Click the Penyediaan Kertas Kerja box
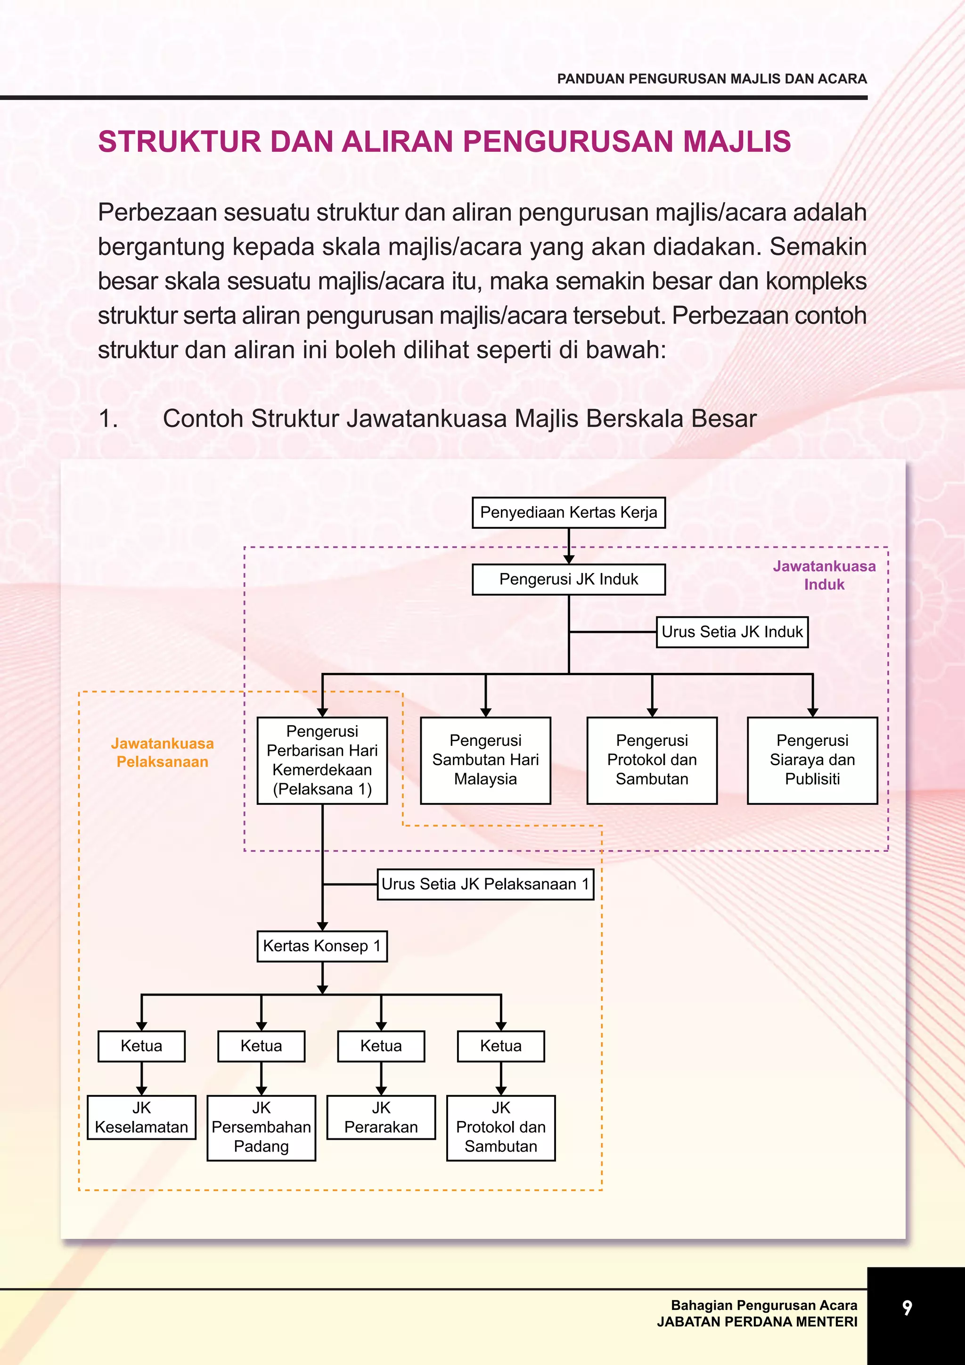pos(568,513)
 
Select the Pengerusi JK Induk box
pos(568,579)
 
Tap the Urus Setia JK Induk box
pos(732,631)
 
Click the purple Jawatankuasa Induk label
pos(824,575)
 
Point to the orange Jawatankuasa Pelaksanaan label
pos(162,752)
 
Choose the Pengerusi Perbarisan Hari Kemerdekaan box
pos(322,760)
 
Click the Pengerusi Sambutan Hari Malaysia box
pos(485,760)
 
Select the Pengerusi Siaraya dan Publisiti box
pos(812,760)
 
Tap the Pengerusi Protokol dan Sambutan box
pos(652,760)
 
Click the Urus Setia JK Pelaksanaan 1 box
pos(485,884)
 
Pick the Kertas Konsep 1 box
pos(322,946)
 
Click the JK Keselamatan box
pos(141,1117)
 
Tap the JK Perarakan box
pos(381,1117)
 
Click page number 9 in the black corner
pos(907,1308)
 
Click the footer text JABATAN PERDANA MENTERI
pos(757,1322)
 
